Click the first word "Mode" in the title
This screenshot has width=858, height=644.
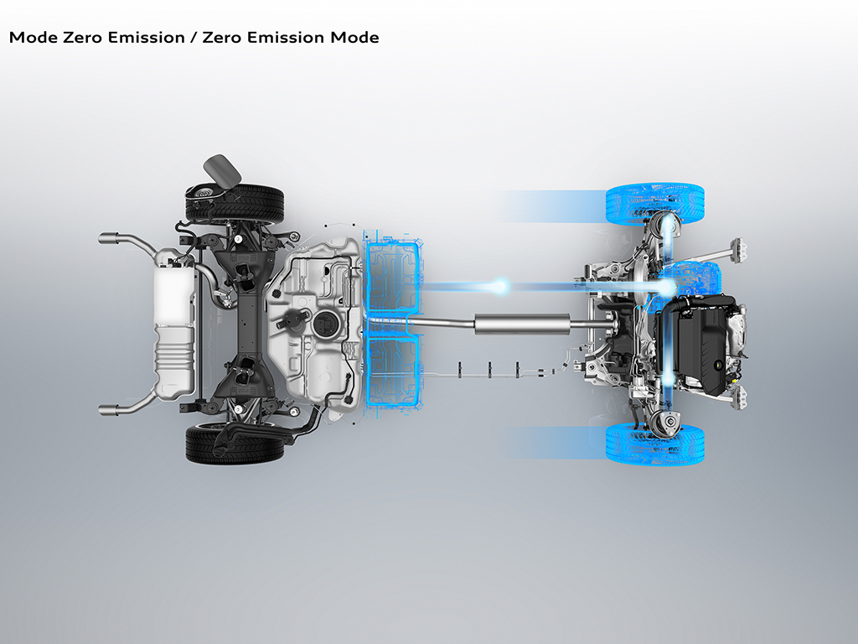(x=33, y=37)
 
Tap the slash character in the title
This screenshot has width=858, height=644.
(x=194, y=37)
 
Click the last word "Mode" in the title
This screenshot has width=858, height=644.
(x=354, y=37)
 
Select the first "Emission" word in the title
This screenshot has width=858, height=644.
(x=146, y=37)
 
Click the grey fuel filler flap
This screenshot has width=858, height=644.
(x=222, y=169)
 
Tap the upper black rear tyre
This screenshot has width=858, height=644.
(x=235, y=204)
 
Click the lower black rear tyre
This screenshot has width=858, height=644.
(x=235, y=444)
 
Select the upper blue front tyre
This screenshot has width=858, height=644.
(x=655, y=203)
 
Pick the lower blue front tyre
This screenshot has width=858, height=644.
(x=655, y=444)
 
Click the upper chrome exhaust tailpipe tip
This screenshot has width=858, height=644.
(x=109, y=237)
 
